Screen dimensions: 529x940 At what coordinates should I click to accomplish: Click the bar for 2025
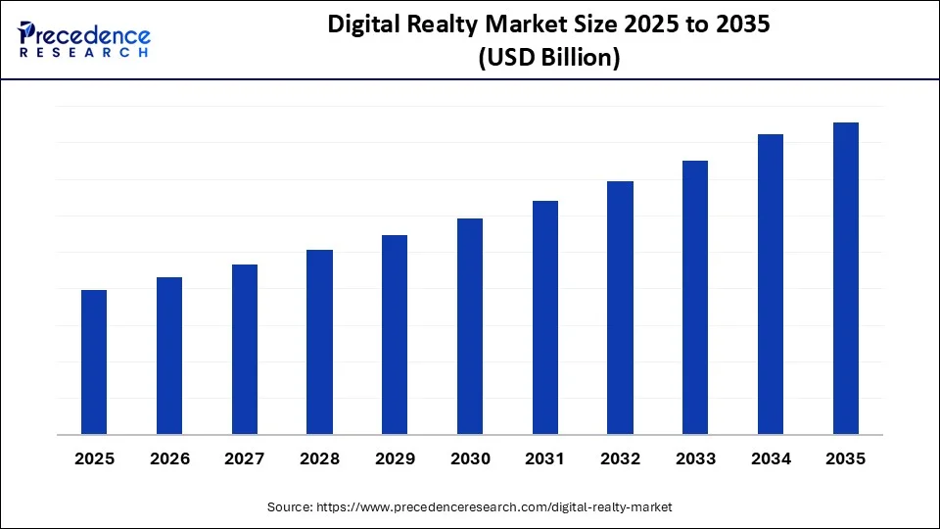(x=94, y=361)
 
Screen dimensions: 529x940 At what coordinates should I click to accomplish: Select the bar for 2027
(x=245, y=349)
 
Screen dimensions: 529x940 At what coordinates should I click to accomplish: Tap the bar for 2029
(x=395, y=334)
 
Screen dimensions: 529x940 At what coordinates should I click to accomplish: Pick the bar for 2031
(x=545, y=317)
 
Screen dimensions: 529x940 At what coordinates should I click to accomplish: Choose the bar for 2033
(x=695, y=297)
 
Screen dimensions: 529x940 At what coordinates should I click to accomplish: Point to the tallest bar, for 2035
(x=846, y=278)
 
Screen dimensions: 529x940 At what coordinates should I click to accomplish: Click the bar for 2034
(x=771, y=284)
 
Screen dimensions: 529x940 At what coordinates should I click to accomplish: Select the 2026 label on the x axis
(x=169, y=458)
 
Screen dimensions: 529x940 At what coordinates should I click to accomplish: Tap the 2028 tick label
(x=319, y=458)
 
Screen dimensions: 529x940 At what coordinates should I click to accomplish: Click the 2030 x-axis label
(x=470, y=458)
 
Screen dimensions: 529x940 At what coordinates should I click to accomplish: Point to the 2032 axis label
(x=620, y=458)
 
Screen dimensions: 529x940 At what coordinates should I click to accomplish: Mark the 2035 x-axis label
(x=846, y=458)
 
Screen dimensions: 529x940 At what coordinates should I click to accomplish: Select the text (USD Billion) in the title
(x=548, y=58)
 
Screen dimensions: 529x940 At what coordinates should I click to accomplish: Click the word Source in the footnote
(x=290, y=507)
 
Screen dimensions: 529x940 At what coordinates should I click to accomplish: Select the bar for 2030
(x=470, y=326)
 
